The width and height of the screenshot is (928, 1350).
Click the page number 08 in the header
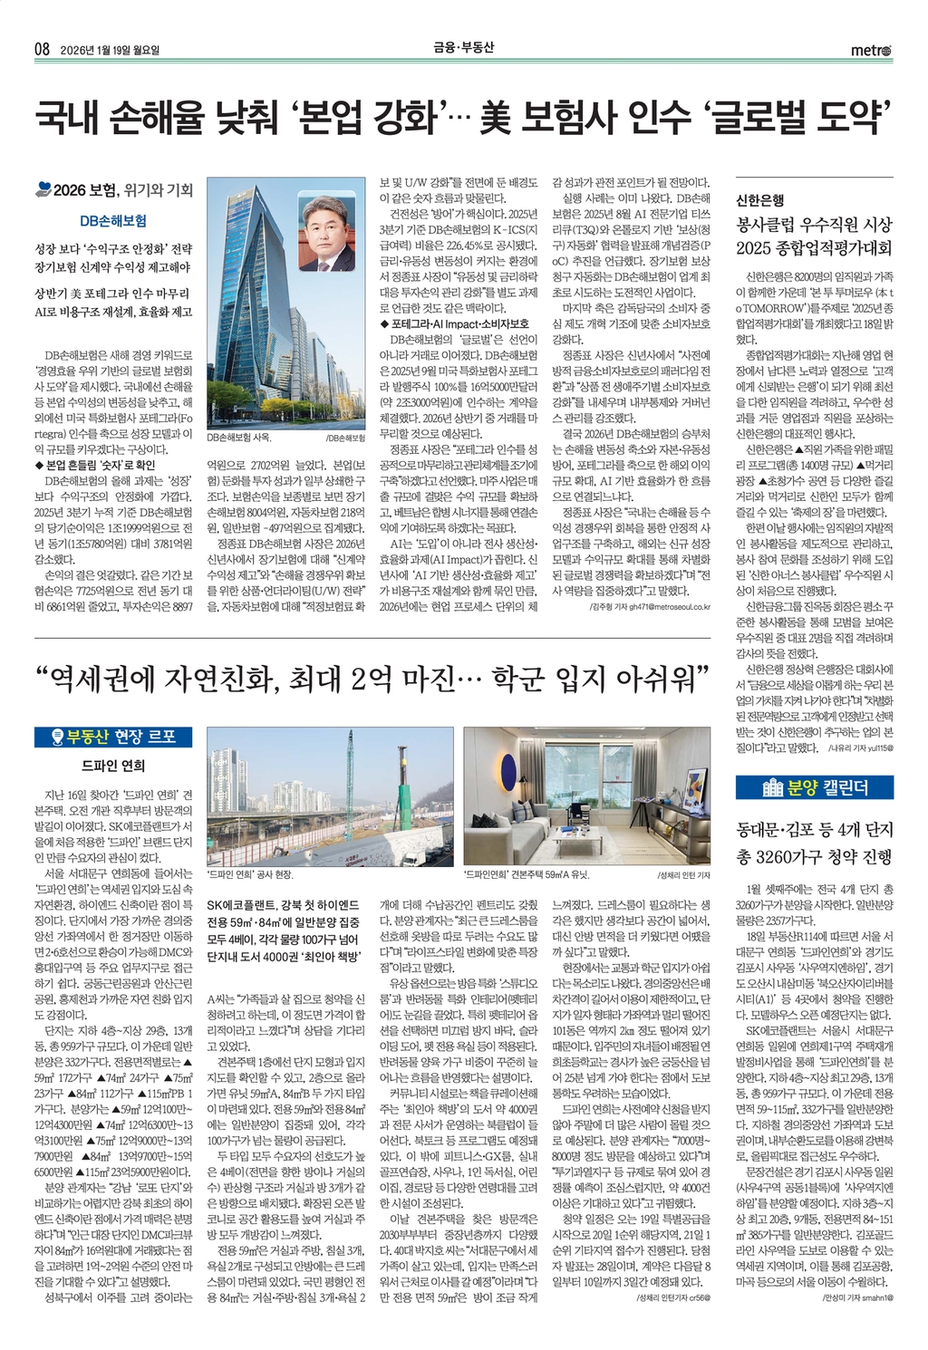41,50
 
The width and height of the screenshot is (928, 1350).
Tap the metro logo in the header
871,51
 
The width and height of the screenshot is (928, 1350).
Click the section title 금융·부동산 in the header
464,49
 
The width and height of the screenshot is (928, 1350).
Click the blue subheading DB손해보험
113,220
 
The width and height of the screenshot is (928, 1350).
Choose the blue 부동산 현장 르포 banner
113,737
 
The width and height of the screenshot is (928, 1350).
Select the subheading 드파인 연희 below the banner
113,766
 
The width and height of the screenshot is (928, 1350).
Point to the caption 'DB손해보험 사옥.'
238,438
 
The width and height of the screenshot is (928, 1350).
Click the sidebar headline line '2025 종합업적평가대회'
814,247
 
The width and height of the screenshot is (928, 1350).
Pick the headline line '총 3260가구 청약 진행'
814,856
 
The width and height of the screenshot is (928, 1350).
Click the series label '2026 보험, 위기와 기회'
122,190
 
